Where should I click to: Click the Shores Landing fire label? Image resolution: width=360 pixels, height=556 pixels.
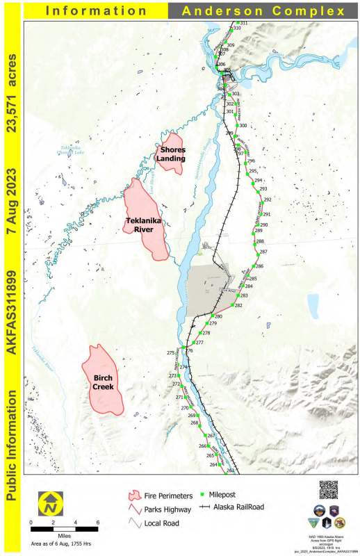click(x=171, y=154)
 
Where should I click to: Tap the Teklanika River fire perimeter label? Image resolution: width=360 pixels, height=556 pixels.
click(x=145, y=224)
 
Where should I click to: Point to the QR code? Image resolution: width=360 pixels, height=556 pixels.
click(x=329, y=490)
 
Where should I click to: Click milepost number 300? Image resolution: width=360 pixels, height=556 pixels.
click(x=243, y=126)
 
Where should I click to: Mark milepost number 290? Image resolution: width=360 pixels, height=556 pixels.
click(x=263, y=225)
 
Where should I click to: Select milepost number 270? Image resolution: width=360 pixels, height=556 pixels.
click(x=185, y=408)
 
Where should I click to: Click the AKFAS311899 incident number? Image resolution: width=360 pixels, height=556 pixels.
click(x=11, y=309)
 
